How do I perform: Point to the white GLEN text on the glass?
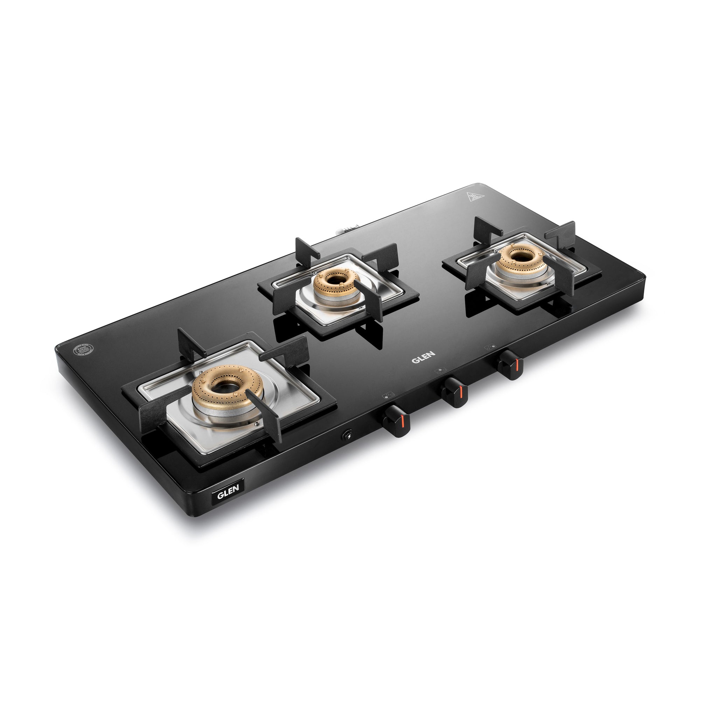pyautogui.click(x=423, y=359)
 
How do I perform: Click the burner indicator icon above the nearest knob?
pyautogui.click(x=388, y=395)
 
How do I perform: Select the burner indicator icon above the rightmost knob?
pyautogui.click(x=490, y=347)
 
